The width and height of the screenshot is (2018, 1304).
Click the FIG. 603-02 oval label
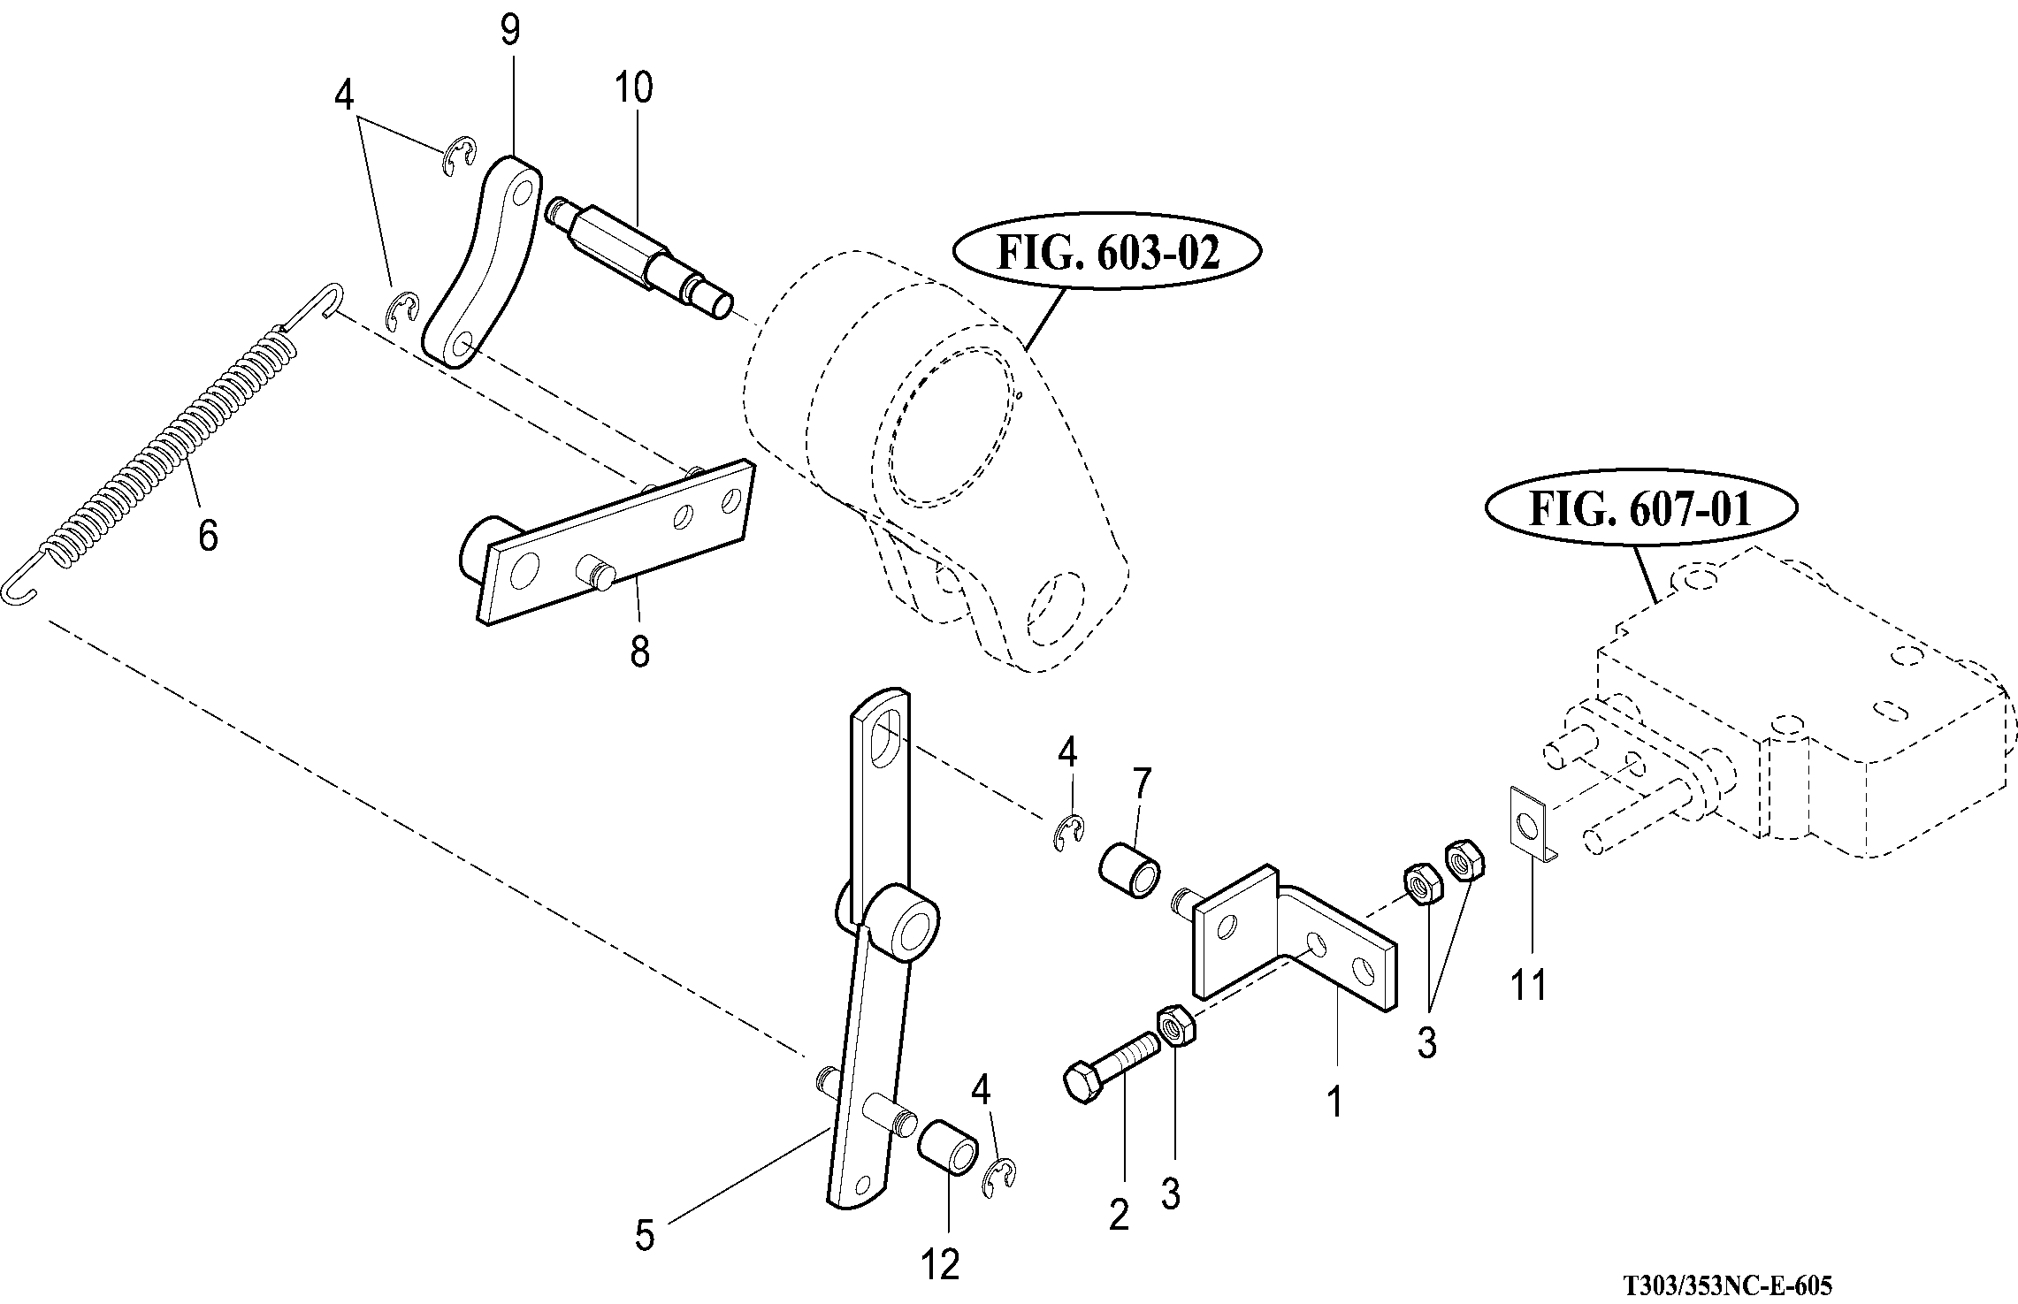pyautogui.click(x=1106, y=253)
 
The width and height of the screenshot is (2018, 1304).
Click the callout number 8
pyautogui.click(x=639, y=652)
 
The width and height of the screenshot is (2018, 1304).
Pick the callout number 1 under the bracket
pyautogui.click(x=1335, y=1102)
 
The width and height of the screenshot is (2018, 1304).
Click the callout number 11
pyautogui.click(x=1528, y=984)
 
